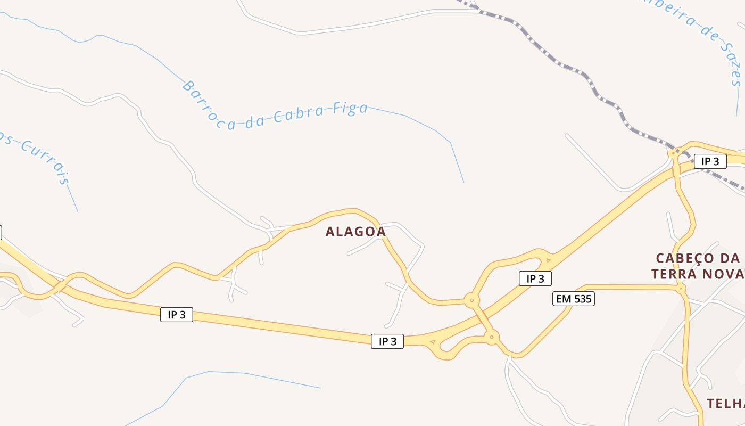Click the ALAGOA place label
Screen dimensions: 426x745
355,232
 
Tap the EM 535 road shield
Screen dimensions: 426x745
573,299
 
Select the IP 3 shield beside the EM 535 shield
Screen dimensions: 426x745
535,278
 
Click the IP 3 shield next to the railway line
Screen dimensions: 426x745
710,161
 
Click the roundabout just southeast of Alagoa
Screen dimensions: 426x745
471,300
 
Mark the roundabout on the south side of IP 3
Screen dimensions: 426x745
492,337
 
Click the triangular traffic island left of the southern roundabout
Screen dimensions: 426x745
432,342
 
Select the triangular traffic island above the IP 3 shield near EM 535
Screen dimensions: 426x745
548,260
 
